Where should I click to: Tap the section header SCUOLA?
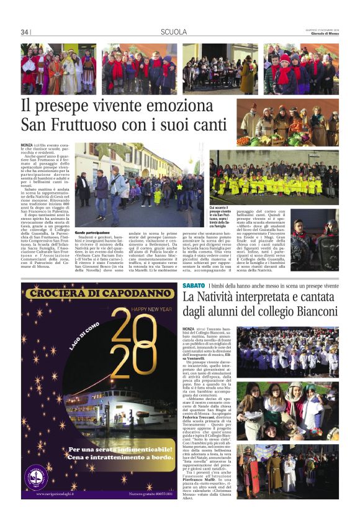(174, 32)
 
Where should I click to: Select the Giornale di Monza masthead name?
(323, 34)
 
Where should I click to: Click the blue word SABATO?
(192, 285)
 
